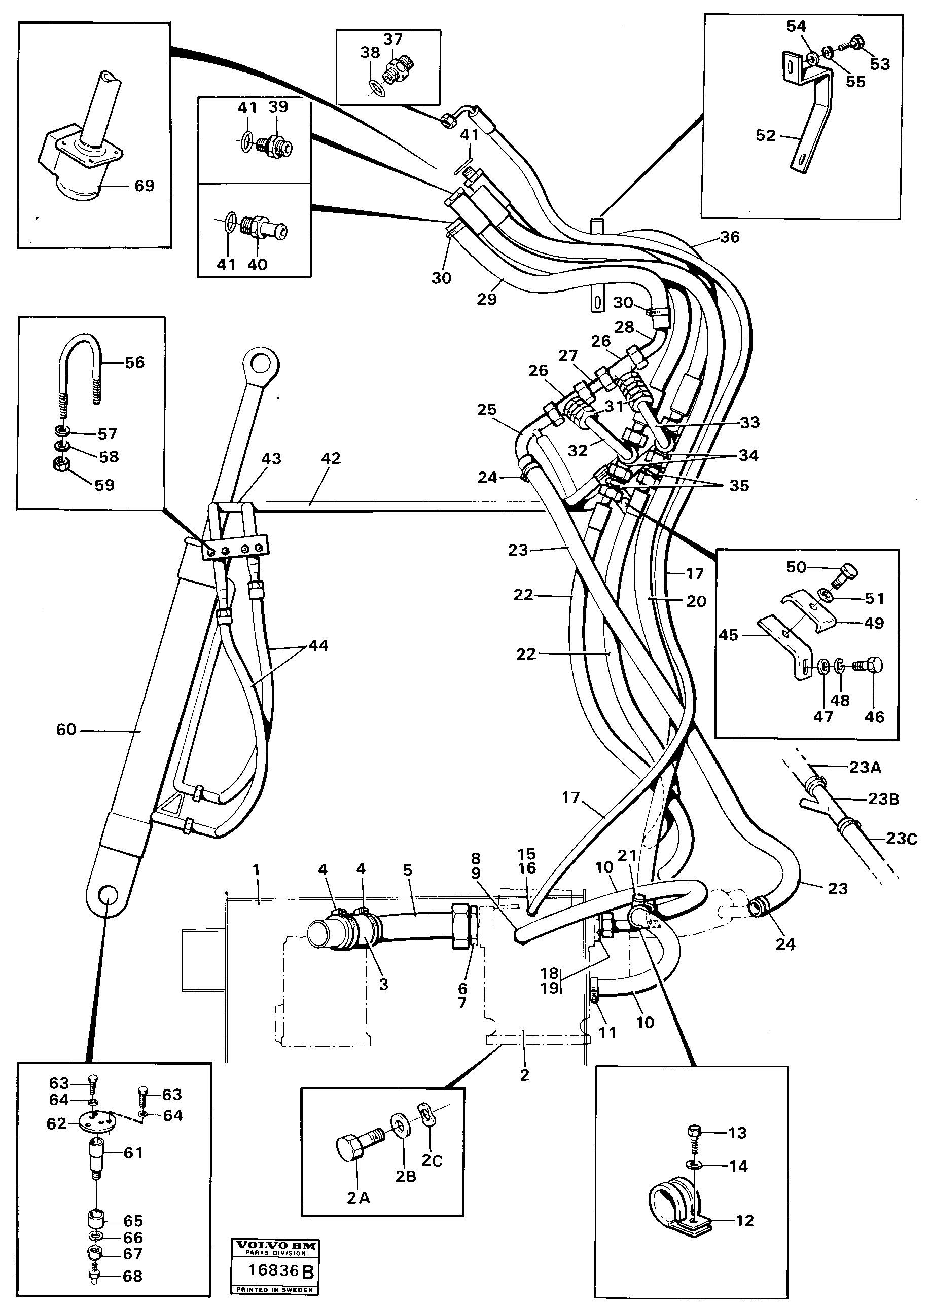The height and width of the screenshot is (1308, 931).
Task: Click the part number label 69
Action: pyautogui.click(x=144, y=186)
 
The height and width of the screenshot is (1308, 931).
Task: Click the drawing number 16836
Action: pyautogui.click(x=273, y=1270)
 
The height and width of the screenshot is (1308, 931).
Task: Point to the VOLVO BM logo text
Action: pyautogui.click(x=275, y=1246)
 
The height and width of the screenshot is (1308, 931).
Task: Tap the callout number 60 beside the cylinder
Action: pyautogui.click(x=66, y=730)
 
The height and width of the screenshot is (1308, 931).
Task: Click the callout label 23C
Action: pyautogui.click(x=901, y=839)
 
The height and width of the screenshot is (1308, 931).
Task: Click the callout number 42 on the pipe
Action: pyautogui.click(x=331, y=458)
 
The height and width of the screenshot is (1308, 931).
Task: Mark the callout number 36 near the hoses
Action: pyautogui.click(x=729, y=237)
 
